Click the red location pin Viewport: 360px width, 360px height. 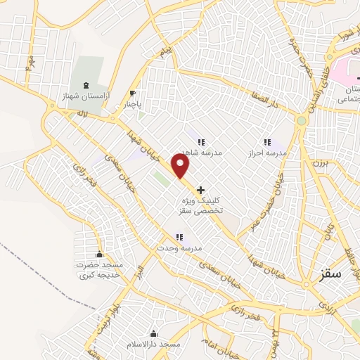coord(181,166)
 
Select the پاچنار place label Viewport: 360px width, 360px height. coord(132,105)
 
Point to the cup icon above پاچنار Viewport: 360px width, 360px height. coord(132,93)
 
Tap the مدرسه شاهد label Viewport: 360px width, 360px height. coord(202,153)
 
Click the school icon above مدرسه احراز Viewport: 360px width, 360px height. coord(266,141)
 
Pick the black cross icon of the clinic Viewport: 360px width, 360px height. coord(202,189)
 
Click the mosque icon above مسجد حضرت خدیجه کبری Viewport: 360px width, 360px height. coord(98,254)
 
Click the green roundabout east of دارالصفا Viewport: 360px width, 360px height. coord(302,120)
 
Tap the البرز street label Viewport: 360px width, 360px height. coord(140,271)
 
